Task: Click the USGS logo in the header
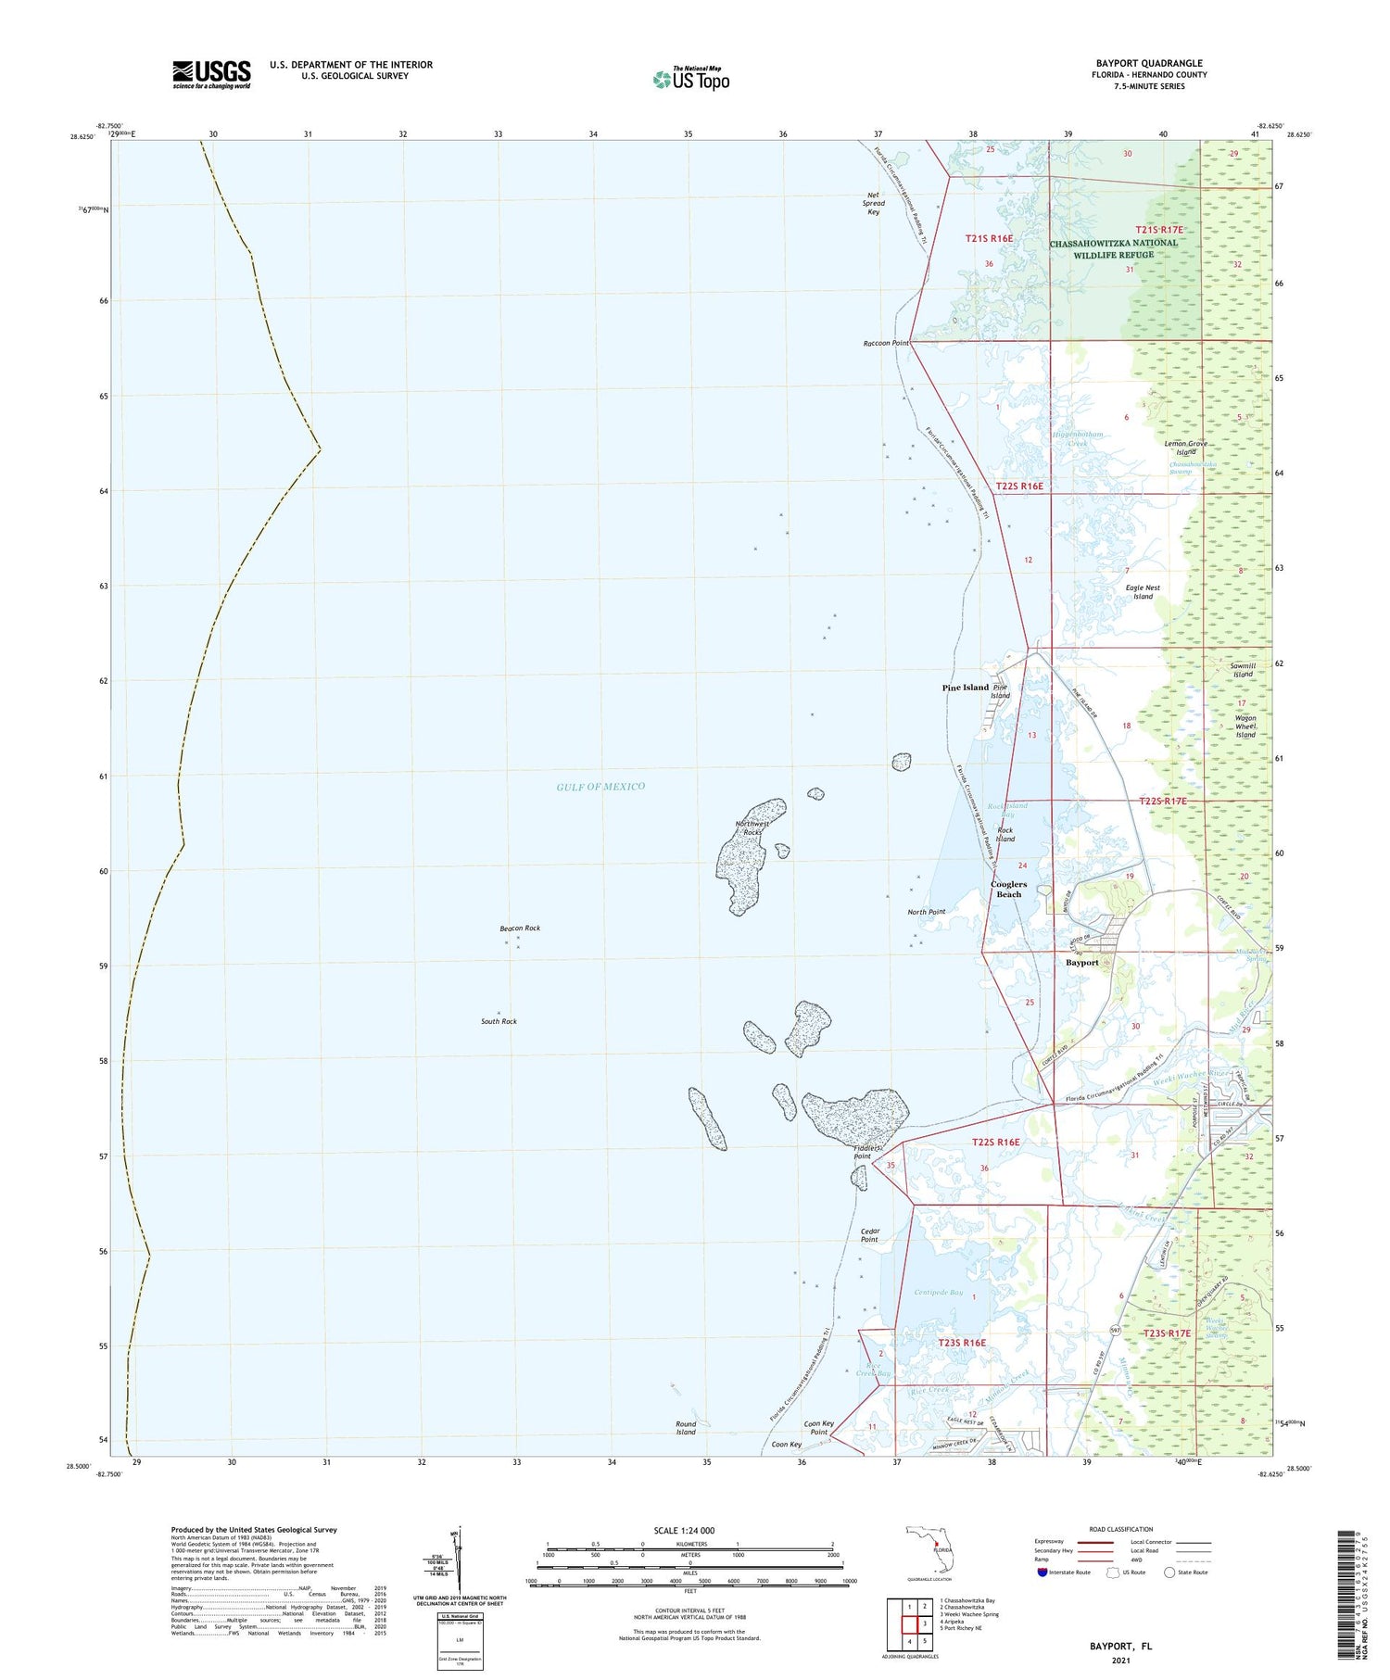coord(211,74)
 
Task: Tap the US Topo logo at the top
coord(690,80)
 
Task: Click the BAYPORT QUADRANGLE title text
coord(1149,64)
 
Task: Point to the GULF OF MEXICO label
coord(600,787)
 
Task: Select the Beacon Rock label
coord(520,928)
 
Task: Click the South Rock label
coord(499,1021)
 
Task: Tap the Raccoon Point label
coord(886,343)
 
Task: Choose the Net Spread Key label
coord(873,203)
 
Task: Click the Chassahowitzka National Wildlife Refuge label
coord(1113,248)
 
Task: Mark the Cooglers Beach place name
coord(1008,889)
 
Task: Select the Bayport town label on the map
coord(1081,963)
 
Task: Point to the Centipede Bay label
coord(938,1293)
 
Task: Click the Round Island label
coord(686,1428)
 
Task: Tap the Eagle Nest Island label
coord(1143,592)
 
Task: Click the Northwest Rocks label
coord(752,827)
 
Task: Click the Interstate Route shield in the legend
coord(1042,1573)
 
